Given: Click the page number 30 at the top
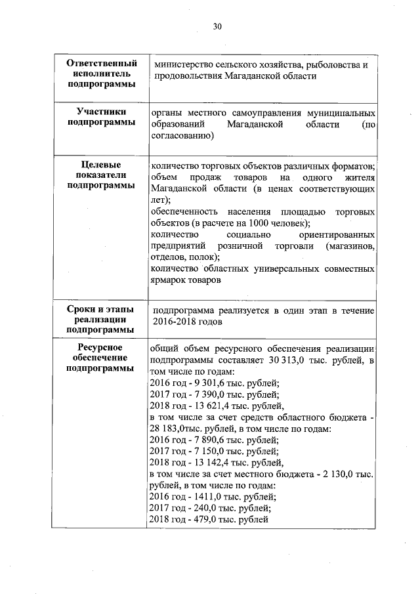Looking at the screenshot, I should click(x=217, y=26).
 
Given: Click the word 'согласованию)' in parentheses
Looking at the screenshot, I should click(x=181, y=136).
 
